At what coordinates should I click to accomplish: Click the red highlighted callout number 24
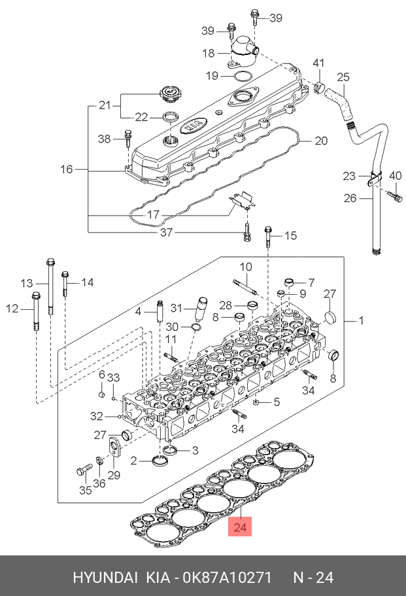click(x=240, y=527)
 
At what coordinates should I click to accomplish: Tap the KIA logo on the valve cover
click(x=195, y=126)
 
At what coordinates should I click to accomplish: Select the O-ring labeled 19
click(x=242, y=76)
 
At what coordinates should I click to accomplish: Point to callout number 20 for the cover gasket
click(x=321, y=141)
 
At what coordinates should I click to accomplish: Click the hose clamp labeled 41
click(x=320, y=86)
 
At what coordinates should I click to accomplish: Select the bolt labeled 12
click(x=36, y=311)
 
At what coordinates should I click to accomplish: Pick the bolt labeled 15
click(x=268, y=237)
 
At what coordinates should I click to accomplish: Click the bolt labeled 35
click(x=84, y=470)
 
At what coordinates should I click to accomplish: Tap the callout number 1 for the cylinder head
click(x=362, y=320)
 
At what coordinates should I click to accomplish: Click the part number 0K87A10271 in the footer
click(x=228, y=577)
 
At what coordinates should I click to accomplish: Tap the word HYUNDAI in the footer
click(x=105, y=577)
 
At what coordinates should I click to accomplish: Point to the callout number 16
click(x=67, y=169)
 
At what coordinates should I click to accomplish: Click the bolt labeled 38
click(x=128, y=139)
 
